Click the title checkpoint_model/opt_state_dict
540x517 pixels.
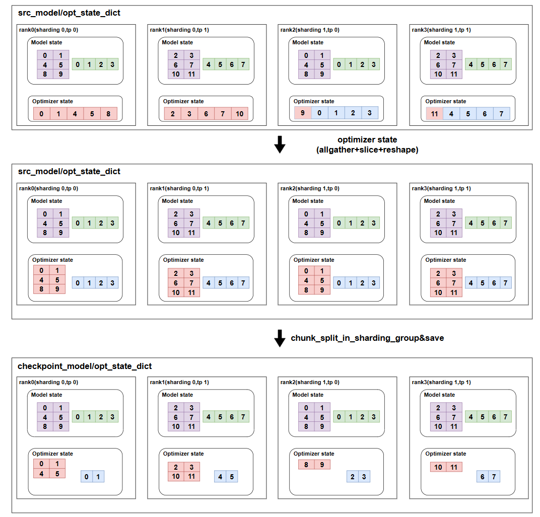point(85,366)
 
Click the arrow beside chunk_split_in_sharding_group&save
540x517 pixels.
point(280,338)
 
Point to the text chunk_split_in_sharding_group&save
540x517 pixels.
point(367,338)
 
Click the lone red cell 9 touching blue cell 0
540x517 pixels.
point(303,113)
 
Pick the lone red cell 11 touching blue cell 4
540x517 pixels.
point(434,114)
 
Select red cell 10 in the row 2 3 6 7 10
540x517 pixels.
point(239,114)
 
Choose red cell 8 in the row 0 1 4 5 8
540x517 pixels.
point(108,114)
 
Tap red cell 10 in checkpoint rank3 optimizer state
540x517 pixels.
point(438,467)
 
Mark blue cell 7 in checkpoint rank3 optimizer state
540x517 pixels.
point(494,477)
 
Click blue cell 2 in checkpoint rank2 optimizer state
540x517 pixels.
point(353,477)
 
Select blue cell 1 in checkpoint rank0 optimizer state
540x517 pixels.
point(98,477)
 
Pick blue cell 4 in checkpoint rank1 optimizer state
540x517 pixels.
point(220,477)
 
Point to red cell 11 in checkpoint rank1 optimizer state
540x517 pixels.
point(191,477)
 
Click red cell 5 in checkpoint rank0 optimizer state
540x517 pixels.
point(57,473)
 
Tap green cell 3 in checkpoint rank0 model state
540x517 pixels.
point(112,417)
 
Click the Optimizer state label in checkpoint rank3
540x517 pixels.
point(445,454)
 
